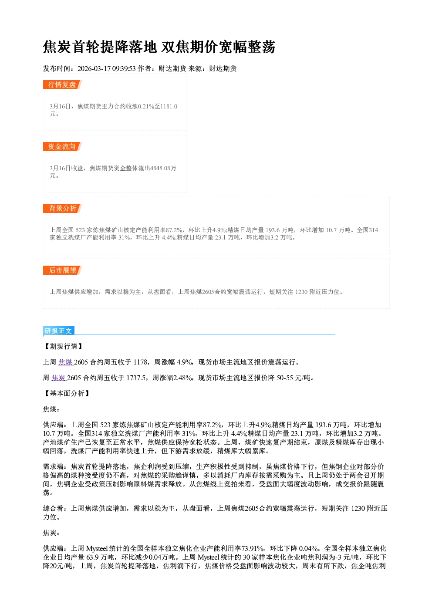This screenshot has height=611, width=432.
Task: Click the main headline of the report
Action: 159,47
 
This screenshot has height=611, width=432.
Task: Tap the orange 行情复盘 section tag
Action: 62,84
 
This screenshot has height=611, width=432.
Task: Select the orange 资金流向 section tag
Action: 62,146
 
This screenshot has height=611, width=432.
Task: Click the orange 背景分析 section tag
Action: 62,209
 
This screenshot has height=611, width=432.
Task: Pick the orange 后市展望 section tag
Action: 62,270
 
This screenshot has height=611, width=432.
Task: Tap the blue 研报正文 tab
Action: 58,331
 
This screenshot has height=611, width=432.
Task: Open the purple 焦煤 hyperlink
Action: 65,362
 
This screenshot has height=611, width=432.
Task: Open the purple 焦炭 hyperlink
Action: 59,378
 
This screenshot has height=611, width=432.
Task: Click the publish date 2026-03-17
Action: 94,68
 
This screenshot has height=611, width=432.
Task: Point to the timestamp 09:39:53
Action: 124,68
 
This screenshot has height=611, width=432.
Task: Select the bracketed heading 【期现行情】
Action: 63,346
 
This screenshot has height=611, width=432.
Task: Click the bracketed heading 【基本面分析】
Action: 67,393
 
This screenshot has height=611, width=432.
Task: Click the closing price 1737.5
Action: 135,378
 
